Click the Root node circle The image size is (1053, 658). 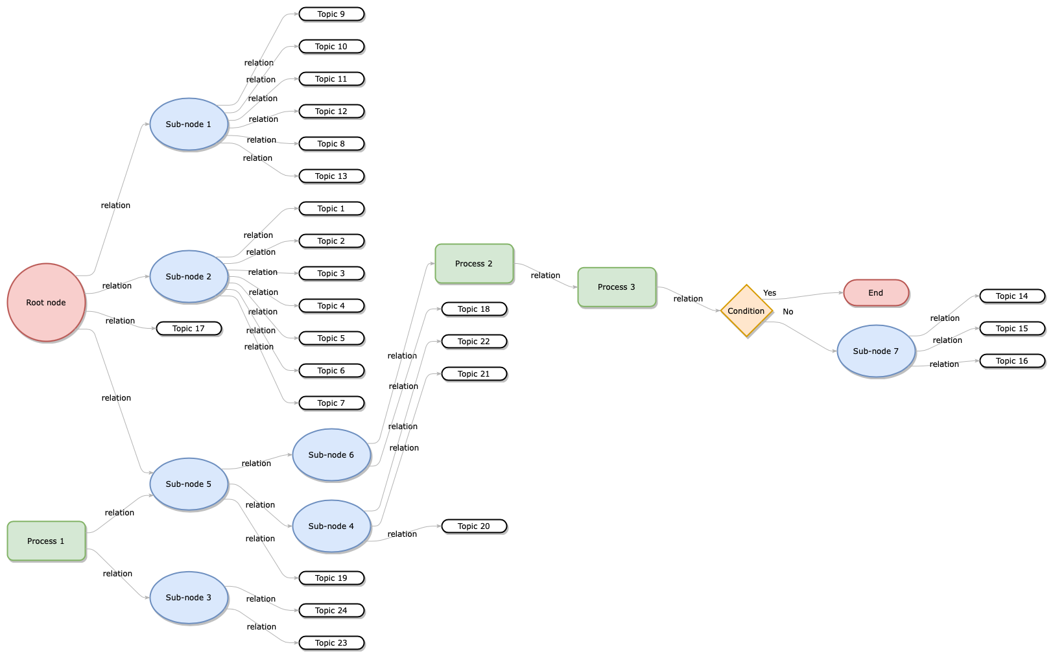(46, 302)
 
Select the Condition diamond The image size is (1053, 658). (746, 311)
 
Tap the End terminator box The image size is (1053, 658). (876, 293)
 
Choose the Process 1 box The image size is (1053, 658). (46, 541)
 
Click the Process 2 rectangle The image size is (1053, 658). (474, 264)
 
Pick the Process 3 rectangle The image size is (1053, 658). (617, 287)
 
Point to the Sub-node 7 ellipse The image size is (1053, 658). (876, 351)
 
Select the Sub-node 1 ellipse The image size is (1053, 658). (189, 124)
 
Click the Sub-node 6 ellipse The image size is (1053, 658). (331, 455)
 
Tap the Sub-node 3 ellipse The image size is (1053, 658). (189, 598)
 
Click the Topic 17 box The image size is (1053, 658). (189, 329)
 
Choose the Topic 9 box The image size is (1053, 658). (331, 14)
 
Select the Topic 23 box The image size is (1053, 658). (331, 643)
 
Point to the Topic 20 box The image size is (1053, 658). (474, 526)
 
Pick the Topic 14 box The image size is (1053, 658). (1012, 296)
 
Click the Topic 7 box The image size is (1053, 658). (331, 403)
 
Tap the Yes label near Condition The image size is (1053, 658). (770, 293)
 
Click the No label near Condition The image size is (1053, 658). (788, 312)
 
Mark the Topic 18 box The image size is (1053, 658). (474, 309)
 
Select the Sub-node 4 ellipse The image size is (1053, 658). (331, 526)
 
